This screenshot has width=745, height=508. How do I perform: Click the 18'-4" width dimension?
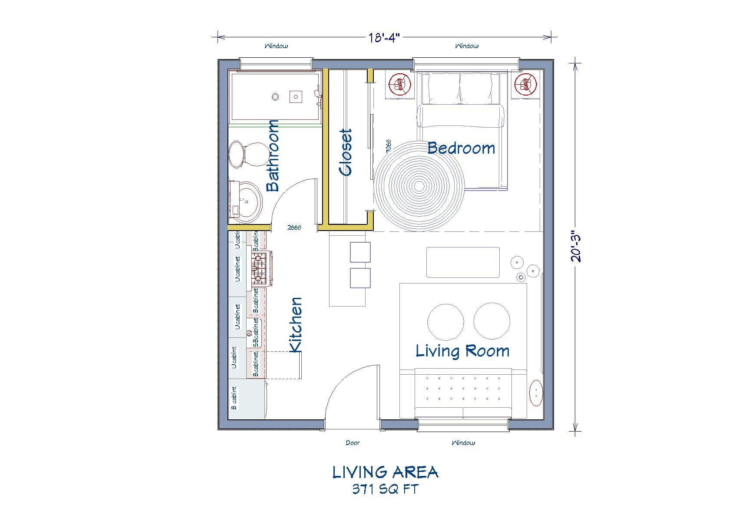(x=384, y=38)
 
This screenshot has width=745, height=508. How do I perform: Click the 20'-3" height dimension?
(x=576, y=246)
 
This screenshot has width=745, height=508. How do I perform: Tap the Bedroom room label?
(x=461, y=148)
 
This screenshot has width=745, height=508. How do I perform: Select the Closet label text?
(x=346, y=152)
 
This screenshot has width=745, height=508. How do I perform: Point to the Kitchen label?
(x=296, y=325)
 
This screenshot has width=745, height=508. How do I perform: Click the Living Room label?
(x=462, y=351)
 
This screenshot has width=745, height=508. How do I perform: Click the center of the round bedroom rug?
(x=419, y=186)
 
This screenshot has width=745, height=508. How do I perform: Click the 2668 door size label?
(x=294, y=227)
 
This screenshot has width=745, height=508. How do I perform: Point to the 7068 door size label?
(x=389, y=146)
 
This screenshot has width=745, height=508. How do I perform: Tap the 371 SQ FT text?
(x=385, y=489)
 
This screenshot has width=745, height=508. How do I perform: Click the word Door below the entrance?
(x=353, y=443)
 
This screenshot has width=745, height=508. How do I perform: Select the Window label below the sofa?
(x=463, y=443)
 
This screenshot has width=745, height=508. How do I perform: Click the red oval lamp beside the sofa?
(x=537, y=393)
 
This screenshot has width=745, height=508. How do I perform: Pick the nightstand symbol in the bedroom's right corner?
(x=526, y=85)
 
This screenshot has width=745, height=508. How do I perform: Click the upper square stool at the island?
(x=360, y=252)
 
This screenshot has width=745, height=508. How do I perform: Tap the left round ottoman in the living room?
(x=445, y=321)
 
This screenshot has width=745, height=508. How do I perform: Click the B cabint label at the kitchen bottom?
(x=234, y=398)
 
